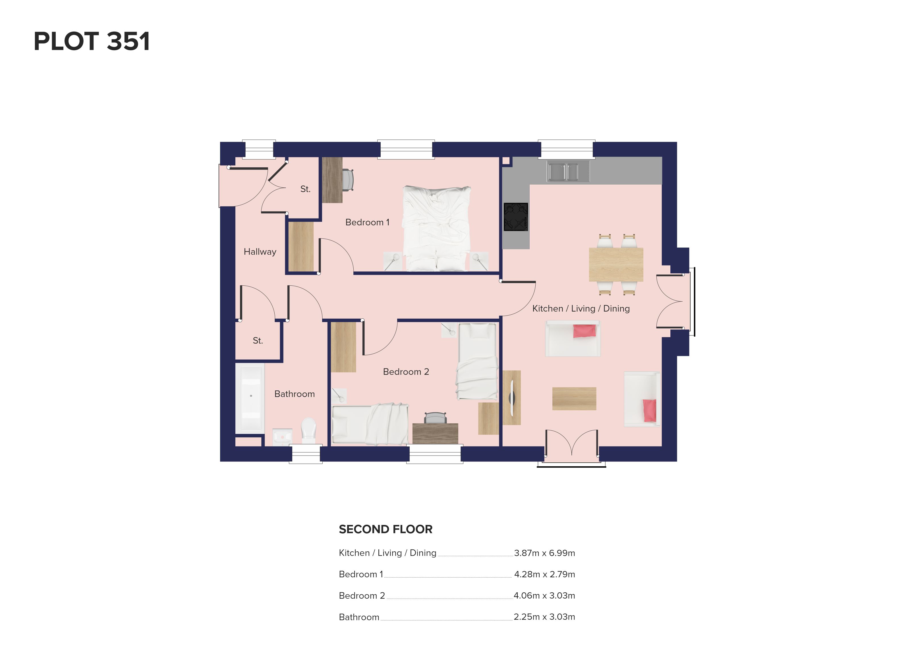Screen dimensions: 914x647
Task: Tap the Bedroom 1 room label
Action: click(367, 222)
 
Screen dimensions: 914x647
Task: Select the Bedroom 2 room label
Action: click(406, 372)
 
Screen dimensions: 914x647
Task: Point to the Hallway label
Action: click(260, 252)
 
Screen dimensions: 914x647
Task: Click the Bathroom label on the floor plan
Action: click(295, 394)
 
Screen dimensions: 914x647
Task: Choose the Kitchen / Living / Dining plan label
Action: click(581, 308)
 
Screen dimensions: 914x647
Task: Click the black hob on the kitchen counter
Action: click(516, 217)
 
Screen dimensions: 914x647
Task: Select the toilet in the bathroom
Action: click(308, 430)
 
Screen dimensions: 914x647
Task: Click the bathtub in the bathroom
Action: click(250, 398)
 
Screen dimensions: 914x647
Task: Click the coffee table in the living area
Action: click(574, 398)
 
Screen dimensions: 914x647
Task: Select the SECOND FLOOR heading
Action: click(385, 529)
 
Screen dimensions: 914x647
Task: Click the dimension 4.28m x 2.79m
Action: click(544, 574)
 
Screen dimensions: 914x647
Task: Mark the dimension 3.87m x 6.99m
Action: click(544, 553)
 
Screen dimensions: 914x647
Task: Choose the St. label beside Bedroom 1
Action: click(305, 189)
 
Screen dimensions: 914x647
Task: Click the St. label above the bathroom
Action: click(258, 341)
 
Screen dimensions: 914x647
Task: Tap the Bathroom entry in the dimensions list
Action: click(359, 617)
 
